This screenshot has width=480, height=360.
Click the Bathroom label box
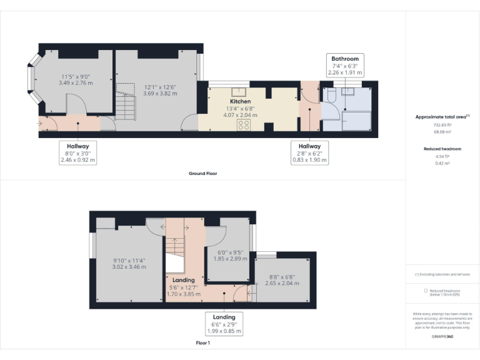pos(344,65)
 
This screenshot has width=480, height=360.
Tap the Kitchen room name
pos(241,101)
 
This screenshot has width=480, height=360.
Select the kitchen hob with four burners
pos(243,124)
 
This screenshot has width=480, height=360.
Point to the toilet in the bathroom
pos(331,94)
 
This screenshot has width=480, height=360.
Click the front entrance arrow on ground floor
pos(41,124)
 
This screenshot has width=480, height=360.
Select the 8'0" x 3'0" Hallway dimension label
pos(78,152)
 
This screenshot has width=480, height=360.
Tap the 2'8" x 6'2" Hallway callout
pos(309,152)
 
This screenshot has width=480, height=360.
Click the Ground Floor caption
pos(203,173)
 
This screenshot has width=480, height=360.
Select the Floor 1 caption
pos(203,343)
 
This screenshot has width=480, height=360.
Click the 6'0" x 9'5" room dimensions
pos(228,254)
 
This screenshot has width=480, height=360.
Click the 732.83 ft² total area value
pos(442,125)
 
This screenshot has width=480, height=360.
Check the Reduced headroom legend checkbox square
pos(426,291)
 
